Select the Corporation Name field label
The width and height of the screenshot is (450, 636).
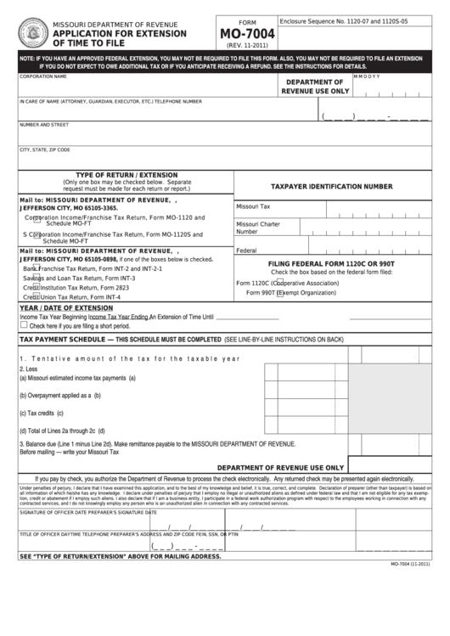(x=42, y=76)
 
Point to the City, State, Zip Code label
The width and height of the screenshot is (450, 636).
(x=44, y=149)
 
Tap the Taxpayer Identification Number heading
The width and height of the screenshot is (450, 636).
(x=331, y=185)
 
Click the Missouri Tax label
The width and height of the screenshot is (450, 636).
(x=253, y=206)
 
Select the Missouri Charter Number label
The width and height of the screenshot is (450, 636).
(x=257, y=228)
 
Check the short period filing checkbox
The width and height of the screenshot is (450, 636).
(x=24, y=325)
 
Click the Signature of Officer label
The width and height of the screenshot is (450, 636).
(x=53, y=512)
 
